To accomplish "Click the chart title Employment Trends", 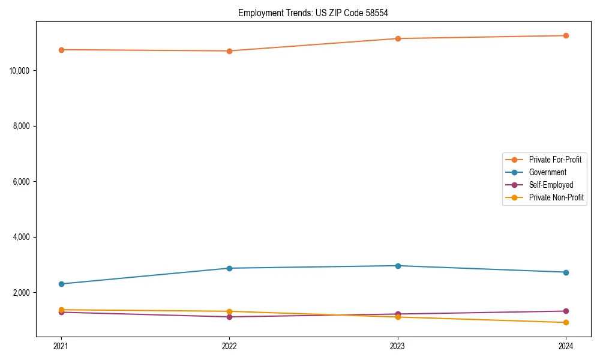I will (317, 13).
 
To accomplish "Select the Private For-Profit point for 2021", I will (61, 50).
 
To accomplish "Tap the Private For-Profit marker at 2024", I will (566, 35).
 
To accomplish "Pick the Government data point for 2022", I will (229, 268).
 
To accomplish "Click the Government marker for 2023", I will (398, 266).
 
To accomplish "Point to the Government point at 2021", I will (61, 284).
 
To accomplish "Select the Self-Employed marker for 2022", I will (229, 317).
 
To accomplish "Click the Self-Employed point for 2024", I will (566, 311).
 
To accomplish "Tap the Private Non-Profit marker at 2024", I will (566, 323).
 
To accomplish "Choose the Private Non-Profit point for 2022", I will (229, 311).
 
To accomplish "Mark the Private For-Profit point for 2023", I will (398, 38).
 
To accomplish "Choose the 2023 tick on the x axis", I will (398, 346).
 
